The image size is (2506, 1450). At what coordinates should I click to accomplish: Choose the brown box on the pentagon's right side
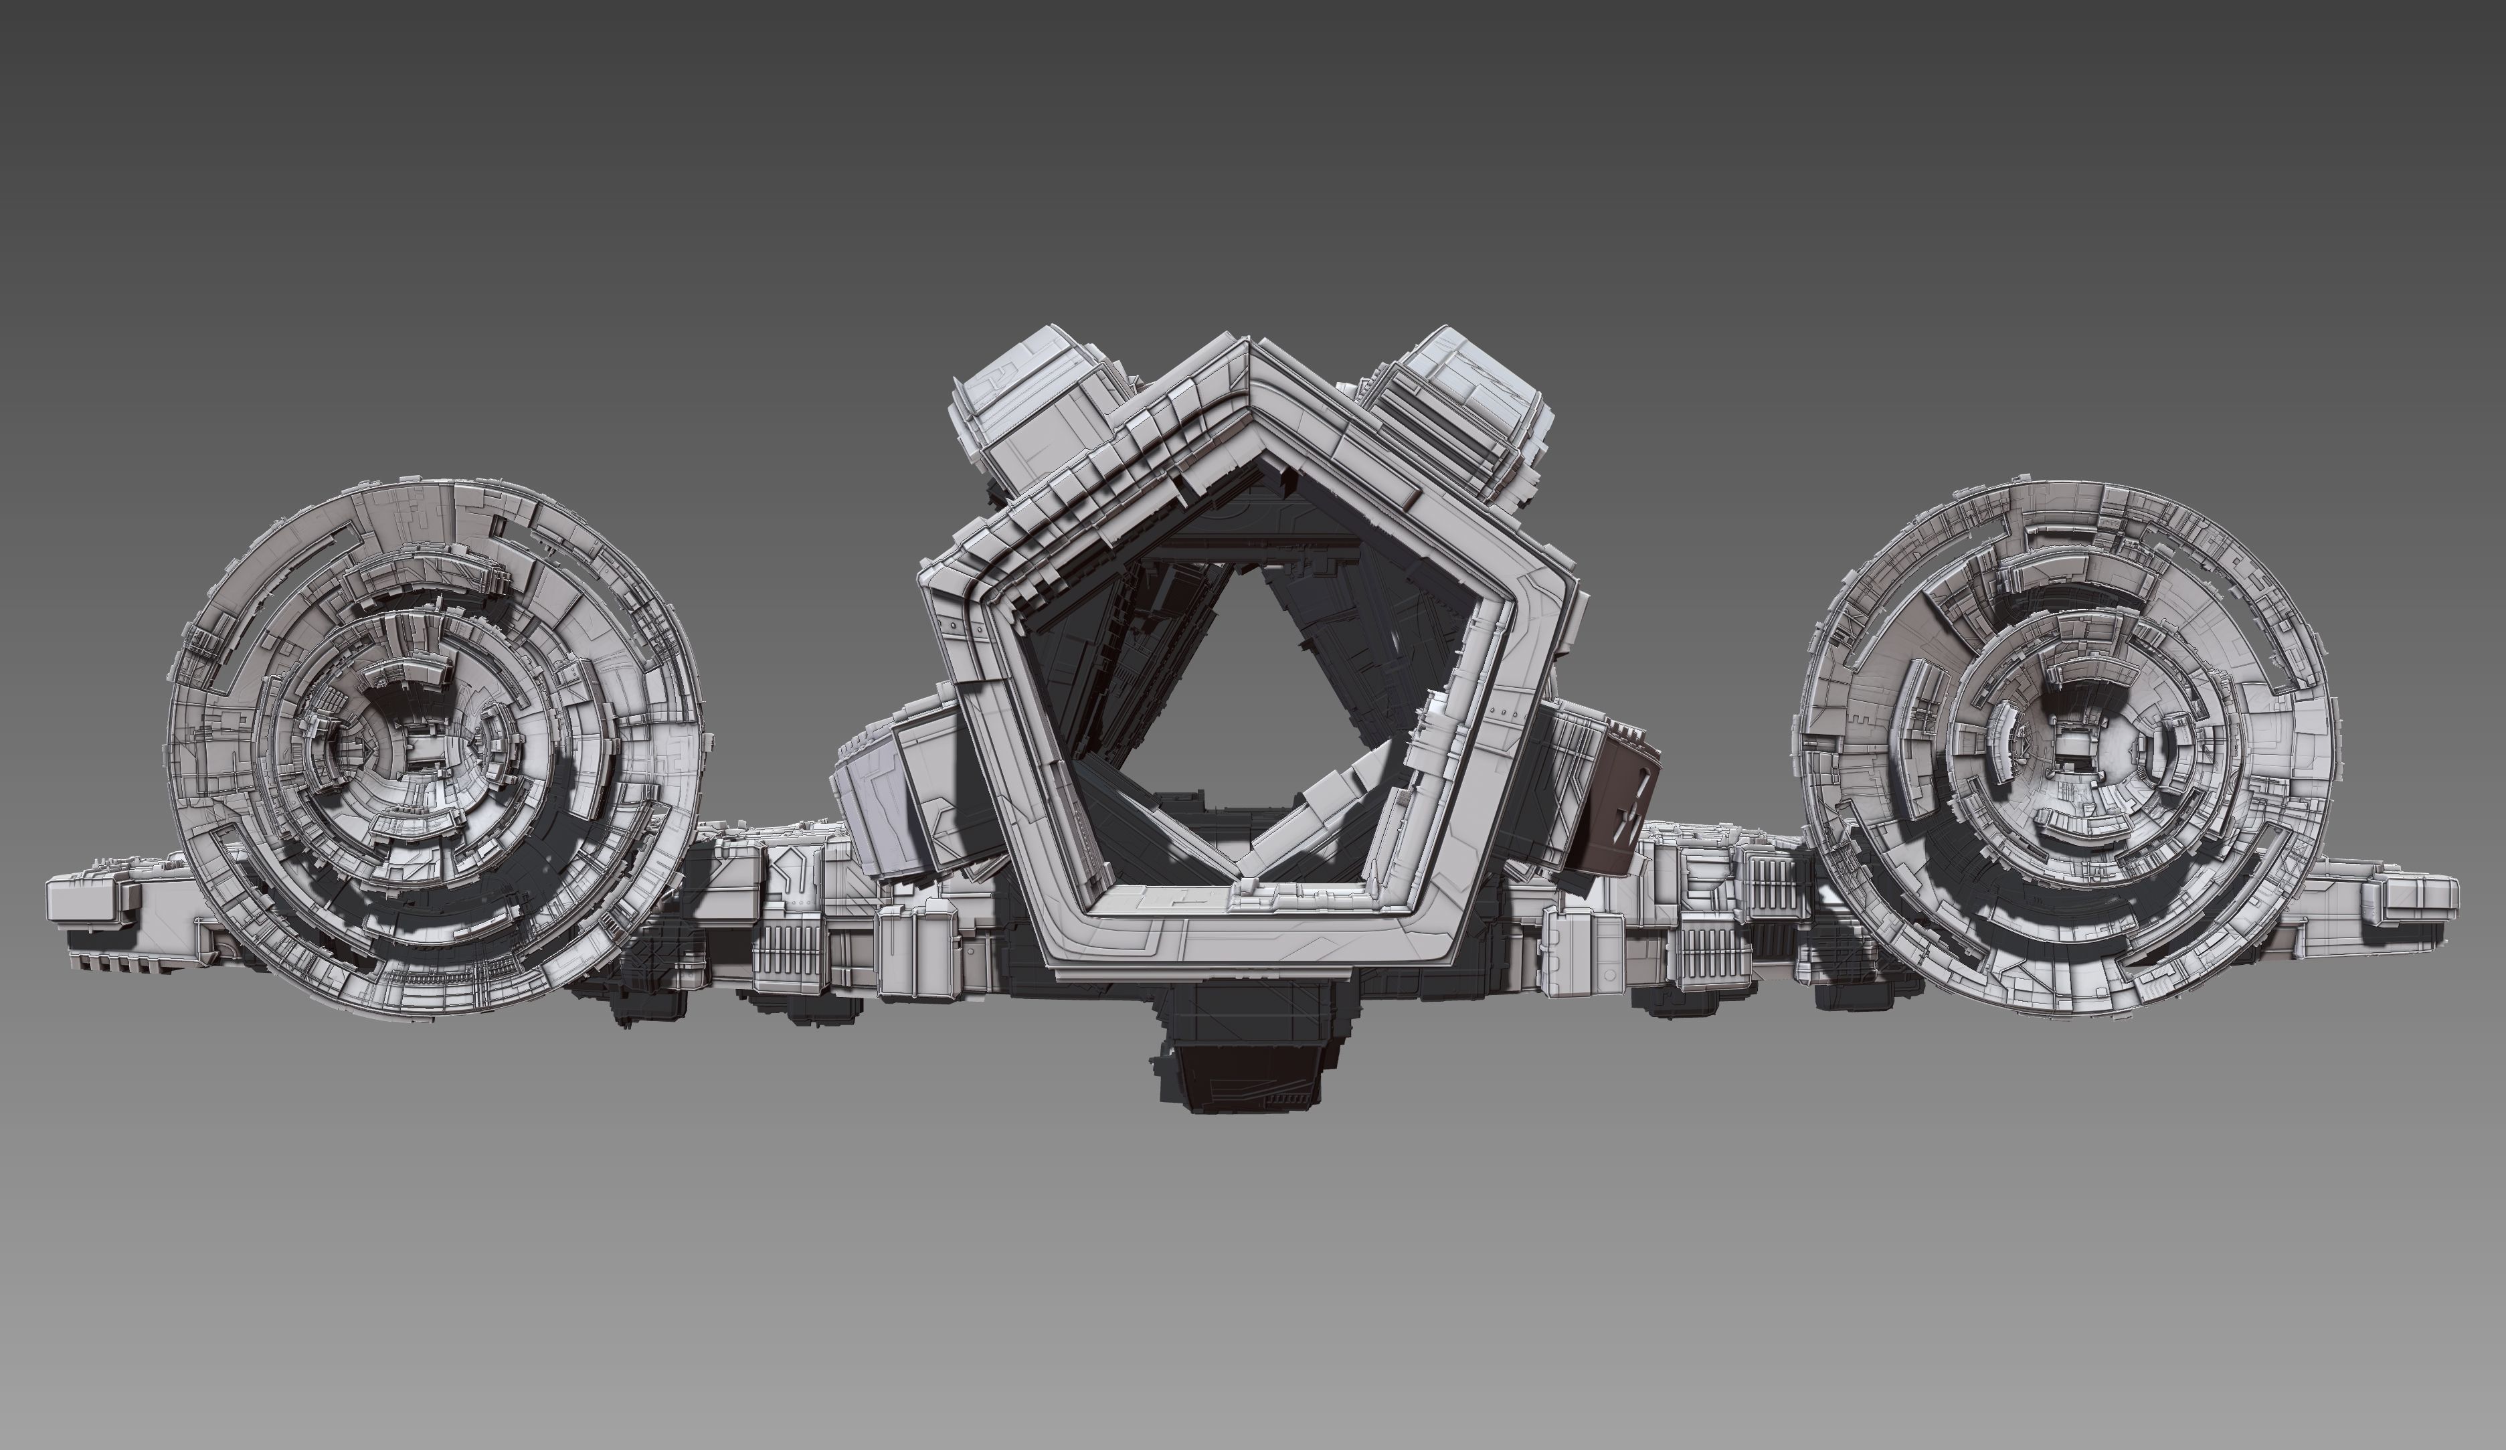click(x=1616, y=810)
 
